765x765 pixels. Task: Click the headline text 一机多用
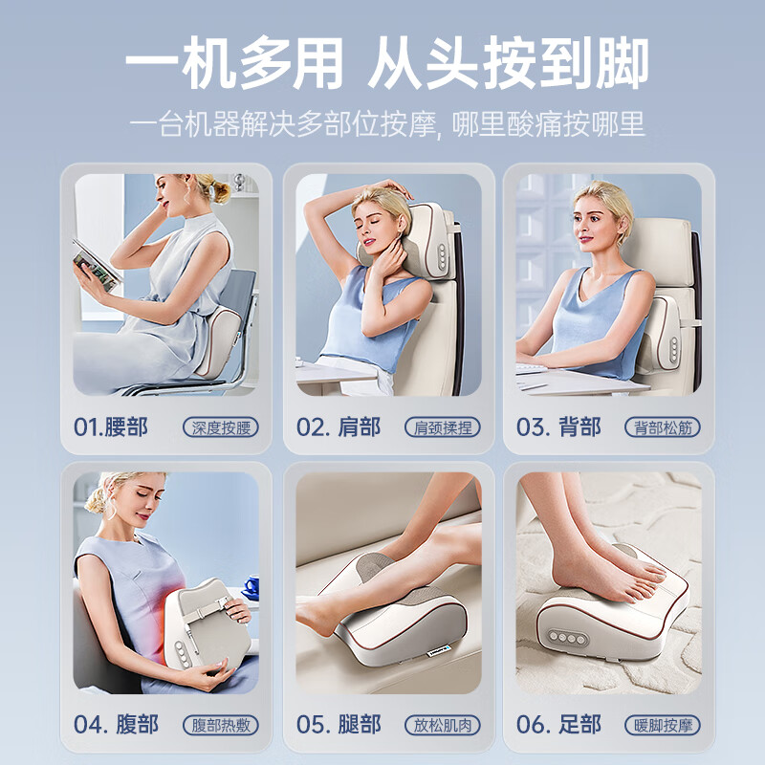pos(233,65)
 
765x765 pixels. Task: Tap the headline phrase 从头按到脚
pos(508,65)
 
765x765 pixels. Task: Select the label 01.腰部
pos(111,426)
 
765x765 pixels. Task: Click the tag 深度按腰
pos(221,427)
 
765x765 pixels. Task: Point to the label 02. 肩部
pos(338,426)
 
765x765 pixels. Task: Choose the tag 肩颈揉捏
pos(442,427)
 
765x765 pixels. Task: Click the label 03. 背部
pos(558,426)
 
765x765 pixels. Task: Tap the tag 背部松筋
pos(662,427)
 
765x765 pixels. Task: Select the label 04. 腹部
pos(117,724)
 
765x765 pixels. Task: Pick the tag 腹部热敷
pos(221,725)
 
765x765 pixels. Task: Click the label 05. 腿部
pos(338,724)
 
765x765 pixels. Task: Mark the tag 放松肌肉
pos(442,725)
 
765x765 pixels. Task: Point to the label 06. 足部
pos(558,724)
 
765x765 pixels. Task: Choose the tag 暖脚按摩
pos(662,725)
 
